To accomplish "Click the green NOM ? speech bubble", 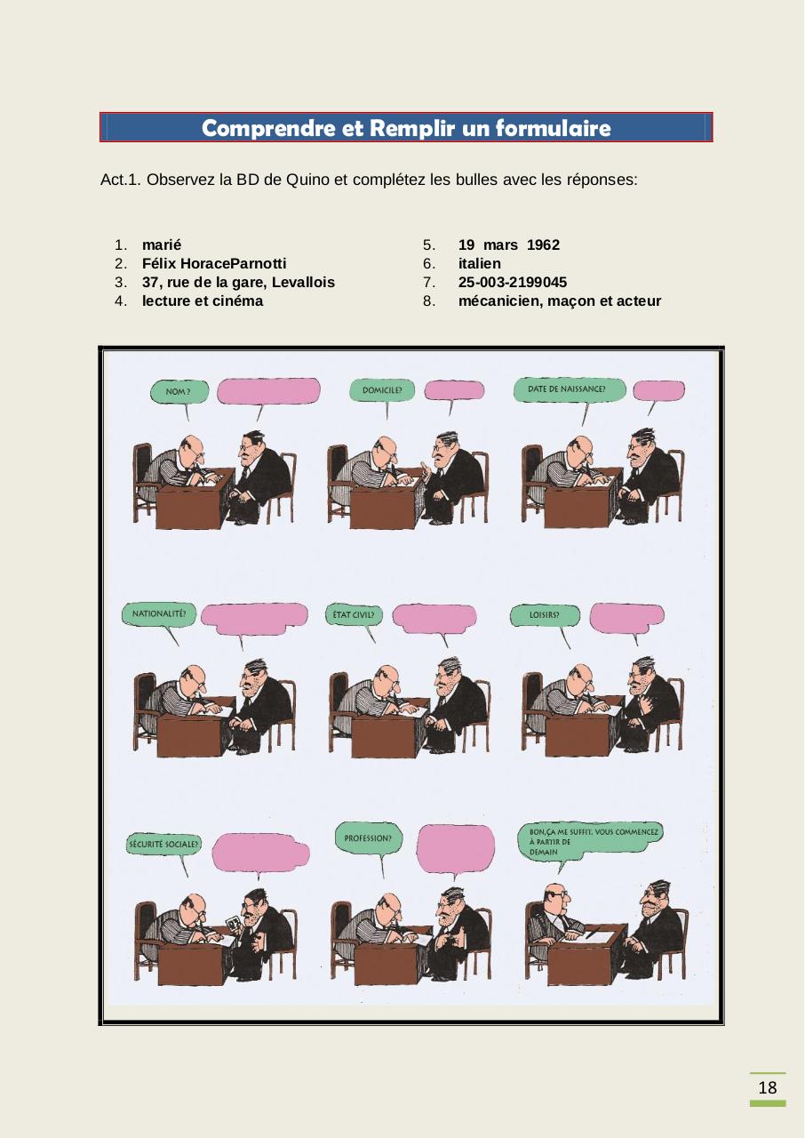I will pos(179,392).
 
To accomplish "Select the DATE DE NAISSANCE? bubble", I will pos(568,389).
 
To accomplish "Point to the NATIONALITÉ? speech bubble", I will pos(159,613).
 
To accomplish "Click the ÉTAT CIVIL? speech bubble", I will pos(353,614).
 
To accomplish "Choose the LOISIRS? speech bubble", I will pos(544,614).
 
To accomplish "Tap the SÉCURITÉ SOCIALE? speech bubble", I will pos(164,844).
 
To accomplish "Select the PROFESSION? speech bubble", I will pos(368,837).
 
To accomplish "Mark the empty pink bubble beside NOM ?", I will pos(267,391).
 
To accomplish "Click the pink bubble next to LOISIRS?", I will pos(626,617).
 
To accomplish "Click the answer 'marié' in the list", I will pos(162,244).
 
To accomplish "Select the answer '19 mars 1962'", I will pos(508,244).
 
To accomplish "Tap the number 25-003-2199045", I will pos(512,282).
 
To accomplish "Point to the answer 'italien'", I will pos(479,263).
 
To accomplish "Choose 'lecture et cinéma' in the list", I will pos(203,301).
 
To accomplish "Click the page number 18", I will pos(768,1088).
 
